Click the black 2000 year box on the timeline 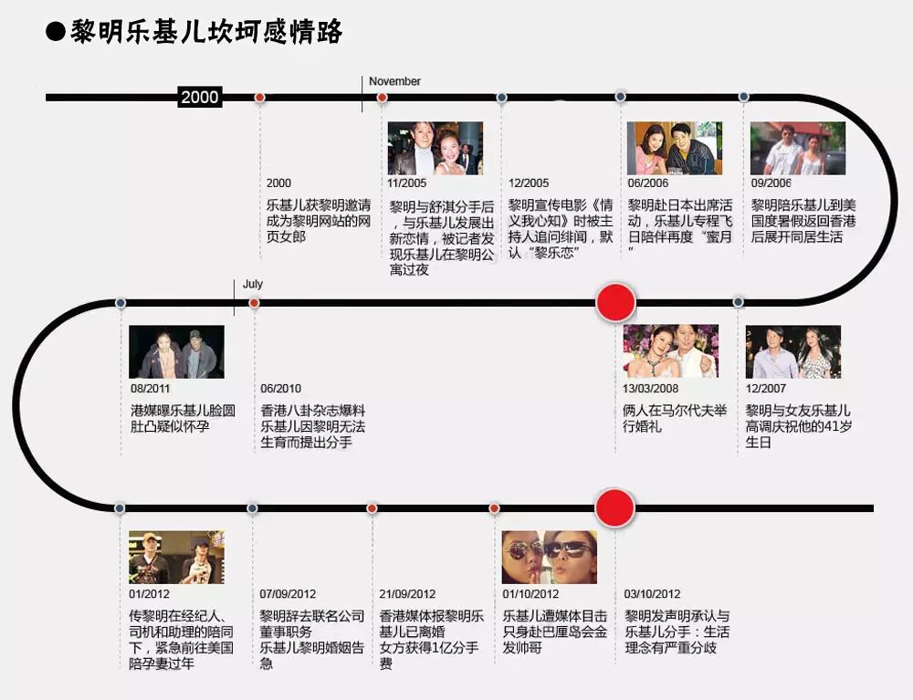click(199, 98)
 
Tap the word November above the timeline click(394, 81)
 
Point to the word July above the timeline click(253, 285)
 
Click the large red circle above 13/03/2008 click(615, 302)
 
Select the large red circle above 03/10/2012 click(614, 508)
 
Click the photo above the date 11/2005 click(436, 148)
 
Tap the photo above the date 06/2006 click(674, 148)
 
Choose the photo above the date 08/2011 click(176, 352)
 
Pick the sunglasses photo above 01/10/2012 click(550, 557)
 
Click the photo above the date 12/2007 click(792, 352)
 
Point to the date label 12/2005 click(529, 183)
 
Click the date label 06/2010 click(281, 389)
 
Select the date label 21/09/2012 click(407, 594)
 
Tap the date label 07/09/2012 click(288, 594)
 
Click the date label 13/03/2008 click(650, 389)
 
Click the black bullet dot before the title click(56, 32)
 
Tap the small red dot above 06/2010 click(254, 303)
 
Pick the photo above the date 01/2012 click(176, 557)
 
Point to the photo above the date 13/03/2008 click(670, 352)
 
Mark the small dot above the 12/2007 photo click(739, 302)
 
